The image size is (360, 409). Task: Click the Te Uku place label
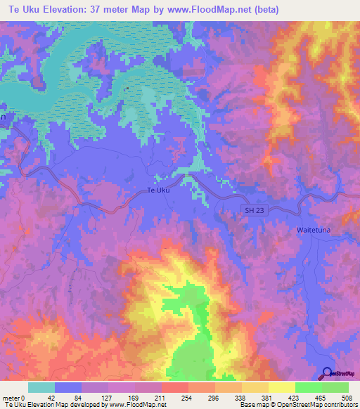pyautogui.click(x=158, y=190)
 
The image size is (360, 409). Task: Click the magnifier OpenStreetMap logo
pyautogui.click(x=328, y=374)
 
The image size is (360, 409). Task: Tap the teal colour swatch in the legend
pyautogui.click(x=41, y=387)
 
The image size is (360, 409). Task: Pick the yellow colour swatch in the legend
pyautogui.click(x=281, y=387)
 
